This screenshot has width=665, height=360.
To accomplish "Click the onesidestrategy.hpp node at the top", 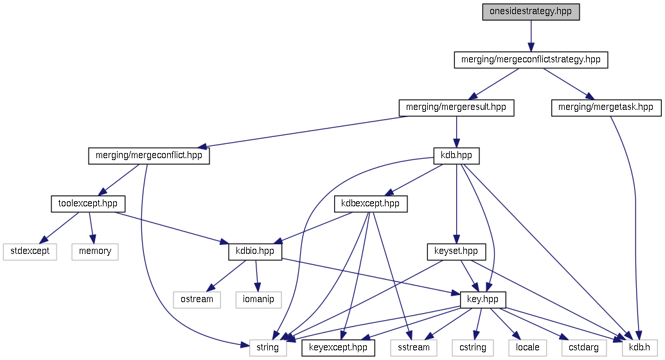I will [x=531, y=12].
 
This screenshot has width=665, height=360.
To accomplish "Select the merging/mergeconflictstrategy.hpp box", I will [x=530, y=60].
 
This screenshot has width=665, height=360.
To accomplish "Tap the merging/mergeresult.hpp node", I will [x=456, y=107].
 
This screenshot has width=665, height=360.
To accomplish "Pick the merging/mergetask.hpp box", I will [x=606, y=107].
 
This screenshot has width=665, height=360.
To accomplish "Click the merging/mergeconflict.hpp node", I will [x=149, y=156].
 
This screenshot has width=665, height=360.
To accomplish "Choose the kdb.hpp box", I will [x=456, y=156].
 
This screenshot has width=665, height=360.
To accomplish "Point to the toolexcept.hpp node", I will [x=87, y=204].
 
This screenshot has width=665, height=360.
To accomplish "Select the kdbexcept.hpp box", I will [x=371, y=204].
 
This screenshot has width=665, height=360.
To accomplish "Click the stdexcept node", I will [x=30, y=251].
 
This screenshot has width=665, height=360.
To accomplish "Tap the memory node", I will [x=95, y=251].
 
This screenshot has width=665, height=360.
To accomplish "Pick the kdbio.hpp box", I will [x=255, y=251].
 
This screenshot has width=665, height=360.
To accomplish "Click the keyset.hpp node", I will [x=456, y=251].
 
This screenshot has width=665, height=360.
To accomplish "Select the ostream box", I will [x=197, y=300].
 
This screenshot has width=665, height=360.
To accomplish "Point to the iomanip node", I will [x=258, y=300].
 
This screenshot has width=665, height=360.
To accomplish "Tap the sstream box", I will [x=414, y=348].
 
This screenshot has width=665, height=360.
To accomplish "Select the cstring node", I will [x=472, y=348].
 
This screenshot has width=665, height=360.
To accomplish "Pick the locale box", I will [x=524, y=348].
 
